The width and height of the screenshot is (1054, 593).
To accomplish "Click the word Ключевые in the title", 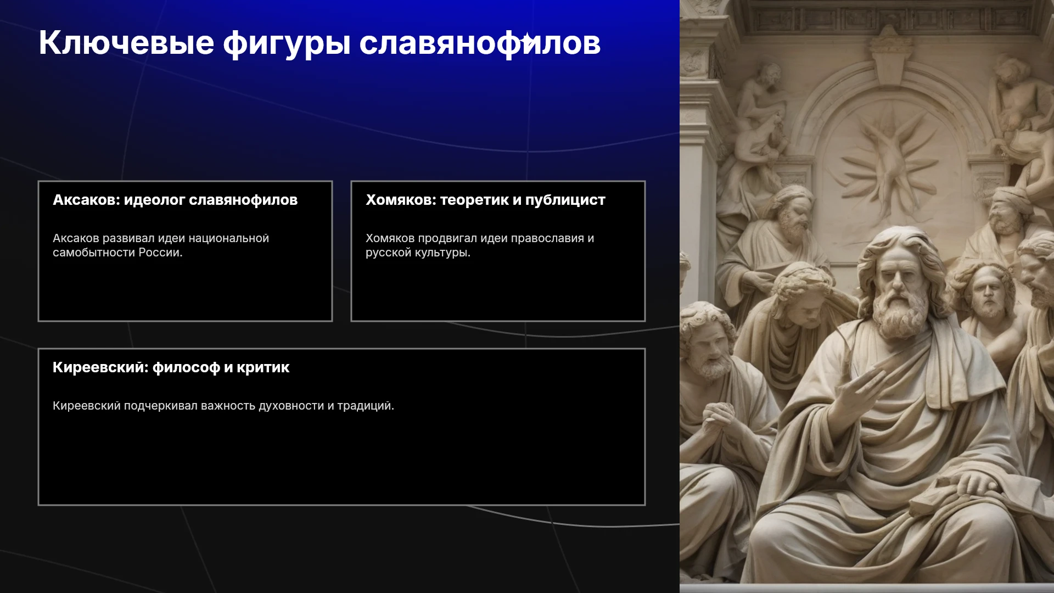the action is point(126,42).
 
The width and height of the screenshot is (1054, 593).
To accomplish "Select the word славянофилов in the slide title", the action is point(480,43).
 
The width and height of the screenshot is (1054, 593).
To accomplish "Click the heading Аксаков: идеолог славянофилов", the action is point(175,200).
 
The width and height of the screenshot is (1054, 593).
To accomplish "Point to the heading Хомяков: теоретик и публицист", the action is point(485,200).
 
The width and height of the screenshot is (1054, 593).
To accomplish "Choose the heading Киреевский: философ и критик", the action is point(171,367).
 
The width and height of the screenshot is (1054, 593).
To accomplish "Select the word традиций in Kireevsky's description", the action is point(366,406).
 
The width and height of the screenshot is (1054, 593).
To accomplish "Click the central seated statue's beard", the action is point(899,313).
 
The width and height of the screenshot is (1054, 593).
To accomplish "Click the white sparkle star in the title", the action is point(526,40).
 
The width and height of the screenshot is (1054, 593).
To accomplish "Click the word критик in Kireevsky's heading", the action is point(263,367).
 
